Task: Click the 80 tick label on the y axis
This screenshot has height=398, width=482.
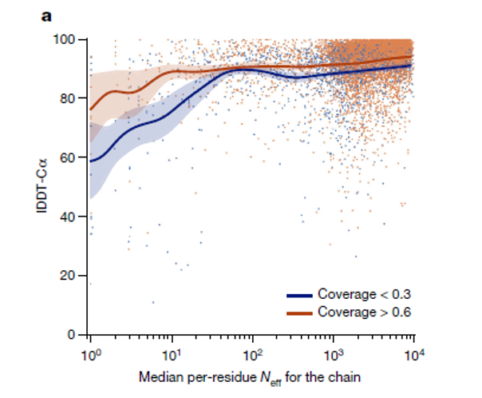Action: pyautogui.click(x=69, y=98)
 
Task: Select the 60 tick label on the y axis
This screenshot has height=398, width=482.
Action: pyautogui.click(x=69, y=157)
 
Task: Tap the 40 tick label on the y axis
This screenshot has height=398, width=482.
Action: pyautogui.click(x=69, y=217)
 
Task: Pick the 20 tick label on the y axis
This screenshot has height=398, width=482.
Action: pyautogui.click(x=69, y=276)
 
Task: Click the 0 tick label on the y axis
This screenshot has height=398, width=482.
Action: pyautogui.click(x=72, y=335)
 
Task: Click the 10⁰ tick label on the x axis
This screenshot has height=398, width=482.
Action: pyautogui.click(x=89, y=352)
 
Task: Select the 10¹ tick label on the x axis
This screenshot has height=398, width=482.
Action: pyautogui.click(x=171, y=352)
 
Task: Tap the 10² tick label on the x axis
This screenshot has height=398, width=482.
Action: pyautogui.click(x=252, y=352)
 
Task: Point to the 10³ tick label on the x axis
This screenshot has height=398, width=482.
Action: pyautogui.click(x=334, y=352)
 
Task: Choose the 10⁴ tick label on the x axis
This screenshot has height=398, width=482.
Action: pyautogui.click(x=413, y=352)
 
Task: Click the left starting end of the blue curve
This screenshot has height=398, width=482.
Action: pyautogui.click(x=90, y=161)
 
